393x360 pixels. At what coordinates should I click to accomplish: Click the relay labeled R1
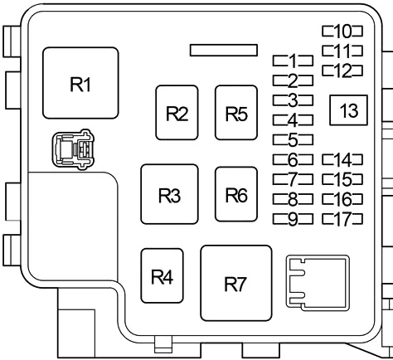click(x=80, y=83)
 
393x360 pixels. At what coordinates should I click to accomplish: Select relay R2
click(x=177, y=113)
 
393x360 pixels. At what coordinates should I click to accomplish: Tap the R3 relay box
click(x=169, y=194)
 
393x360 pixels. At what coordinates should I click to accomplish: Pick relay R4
click(x=162, y=275)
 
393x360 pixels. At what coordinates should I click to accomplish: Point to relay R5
click(x=236, y=113)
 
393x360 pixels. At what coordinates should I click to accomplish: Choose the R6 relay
click(x=236, y=194)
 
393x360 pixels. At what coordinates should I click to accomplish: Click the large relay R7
click(x=236, y=283)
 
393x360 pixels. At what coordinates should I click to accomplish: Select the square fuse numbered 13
click(x=348, y=110)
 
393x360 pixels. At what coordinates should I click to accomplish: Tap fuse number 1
click(x=293, y=61)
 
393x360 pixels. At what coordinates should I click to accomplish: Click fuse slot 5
click(x=293, y=139)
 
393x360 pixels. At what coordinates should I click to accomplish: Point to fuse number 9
click(x=293, y=219)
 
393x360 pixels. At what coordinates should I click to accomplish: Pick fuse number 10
click(x=342, y=31)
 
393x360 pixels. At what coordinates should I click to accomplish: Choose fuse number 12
click(x=342, y=71)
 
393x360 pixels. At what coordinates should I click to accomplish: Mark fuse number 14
click(x=342, y=159)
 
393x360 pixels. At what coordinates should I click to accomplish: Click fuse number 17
click(x=342, y=219)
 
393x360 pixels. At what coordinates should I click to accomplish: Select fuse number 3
click(x=293, y=100)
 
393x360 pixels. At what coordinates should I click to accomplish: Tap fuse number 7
click(x=293, y=179)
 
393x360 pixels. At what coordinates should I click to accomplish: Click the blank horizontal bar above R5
click(x=224, y=50)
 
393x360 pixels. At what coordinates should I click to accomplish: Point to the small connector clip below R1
click(x=74, y=148)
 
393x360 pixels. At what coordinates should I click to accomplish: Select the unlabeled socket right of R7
click(x=318, y=283)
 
